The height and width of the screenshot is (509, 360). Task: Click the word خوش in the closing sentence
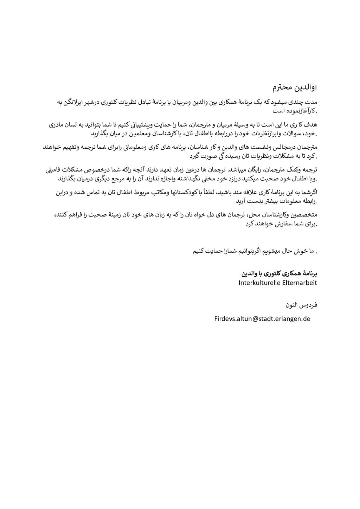(x=298, y=251)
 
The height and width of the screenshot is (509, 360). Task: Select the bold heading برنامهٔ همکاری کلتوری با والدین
(x=279, y=273)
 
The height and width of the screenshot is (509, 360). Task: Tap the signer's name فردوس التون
(x=301, y=305)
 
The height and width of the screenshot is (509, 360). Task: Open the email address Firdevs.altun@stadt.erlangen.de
(x=262, y=319)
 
